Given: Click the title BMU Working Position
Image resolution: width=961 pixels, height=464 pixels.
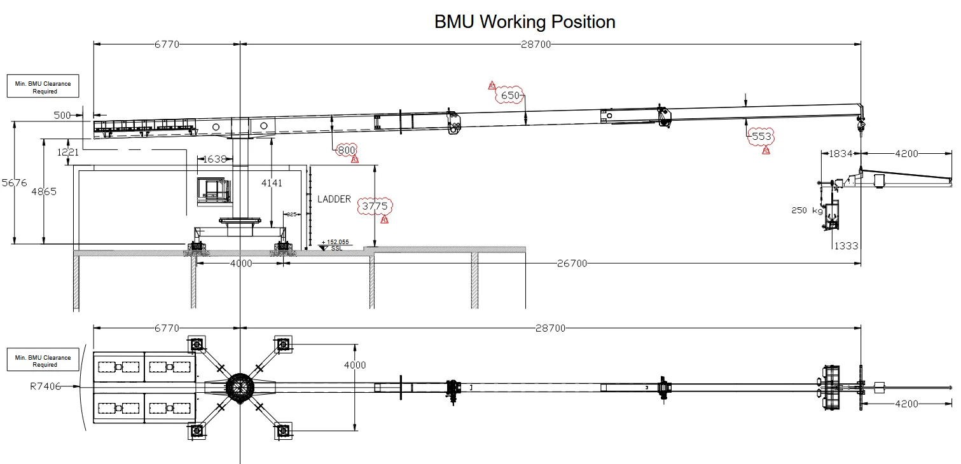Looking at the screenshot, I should pyautogui.click(x=525, y=22).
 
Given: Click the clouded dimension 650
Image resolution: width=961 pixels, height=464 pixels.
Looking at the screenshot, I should pyautogui.click(x=510, y=96).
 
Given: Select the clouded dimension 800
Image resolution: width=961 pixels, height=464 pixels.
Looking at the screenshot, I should pyautogui.click(x=346, y=150).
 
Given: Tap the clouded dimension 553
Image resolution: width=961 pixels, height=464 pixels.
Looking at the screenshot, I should pyautogui.click(x=761, y=136).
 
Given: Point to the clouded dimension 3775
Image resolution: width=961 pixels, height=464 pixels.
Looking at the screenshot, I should pyautogui.click(x=375, y=206).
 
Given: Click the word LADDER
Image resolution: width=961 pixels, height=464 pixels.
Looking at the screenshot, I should pyautogui.click(x=334, y=199).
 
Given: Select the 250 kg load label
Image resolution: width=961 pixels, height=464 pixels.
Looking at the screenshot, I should pyautogui.click(x=807, y=210).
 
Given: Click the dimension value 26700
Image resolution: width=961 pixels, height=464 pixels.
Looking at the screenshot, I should pyautogui.click(x=572, y=263).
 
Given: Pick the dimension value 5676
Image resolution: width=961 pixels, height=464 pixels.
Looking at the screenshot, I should pyautogui.click(x=15, y=183).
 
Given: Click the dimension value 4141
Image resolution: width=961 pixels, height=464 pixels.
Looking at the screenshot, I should pyautogui.click(x=272, y=183).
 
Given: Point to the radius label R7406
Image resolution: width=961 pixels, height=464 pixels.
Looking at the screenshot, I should pyautogui.click(x=45, y=386).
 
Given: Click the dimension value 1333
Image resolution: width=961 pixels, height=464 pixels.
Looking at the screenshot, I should pyautogui.click(x=846, y=246).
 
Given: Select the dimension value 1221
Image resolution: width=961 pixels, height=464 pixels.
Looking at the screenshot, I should pyautogui.click(x=67, y=152).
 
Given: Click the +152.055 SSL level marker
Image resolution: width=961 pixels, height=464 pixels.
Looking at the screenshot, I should pyautogui.click(x=335, y=245).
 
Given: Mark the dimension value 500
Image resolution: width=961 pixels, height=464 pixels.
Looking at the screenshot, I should pyautogui.click(x=62, y=115).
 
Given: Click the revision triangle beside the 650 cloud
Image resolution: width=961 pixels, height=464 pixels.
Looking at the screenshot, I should pyautogui.click(x=492, y=85).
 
